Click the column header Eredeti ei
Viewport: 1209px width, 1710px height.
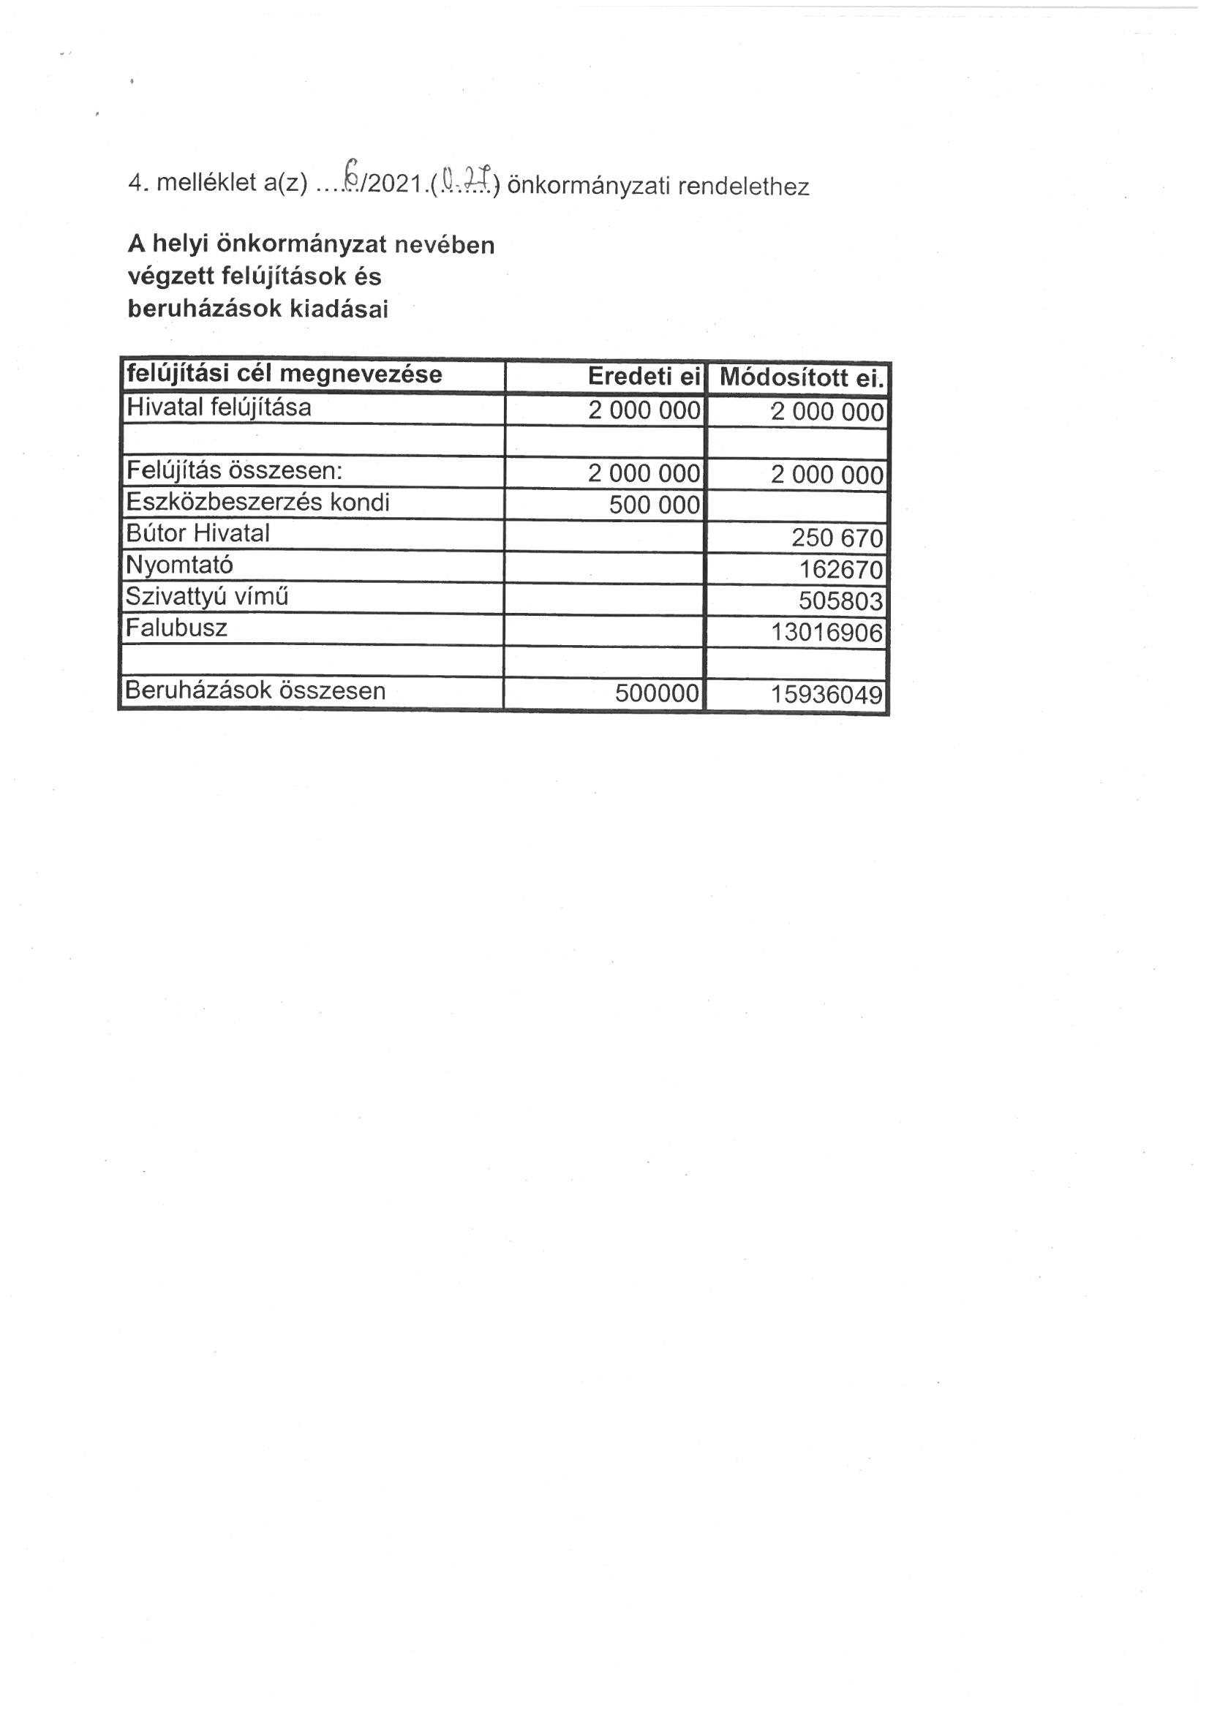tap(644, 377)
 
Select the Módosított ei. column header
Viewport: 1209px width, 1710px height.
tap(802, 378)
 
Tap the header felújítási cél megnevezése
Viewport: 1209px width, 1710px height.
tap(284, 374)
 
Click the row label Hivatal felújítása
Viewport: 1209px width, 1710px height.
tap(219, 407)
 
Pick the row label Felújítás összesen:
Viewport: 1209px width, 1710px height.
tap(234, 471)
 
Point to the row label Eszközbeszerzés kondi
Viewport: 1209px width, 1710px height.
tap(257, 502)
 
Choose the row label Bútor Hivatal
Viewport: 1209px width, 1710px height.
tap(198, 533)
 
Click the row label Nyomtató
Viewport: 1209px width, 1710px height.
tap(179, 565)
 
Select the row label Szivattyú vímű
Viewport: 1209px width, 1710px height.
tap(207, 597)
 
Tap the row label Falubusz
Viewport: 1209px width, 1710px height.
tap(176, 628)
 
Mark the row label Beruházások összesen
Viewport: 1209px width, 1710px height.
tap(255, 690)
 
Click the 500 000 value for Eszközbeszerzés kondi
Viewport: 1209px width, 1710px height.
tap(654, 505)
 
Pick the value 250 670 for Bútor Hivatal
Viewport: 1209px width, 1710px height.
tap(837, 538)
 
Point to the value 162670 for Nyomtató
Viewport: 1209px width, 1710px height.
tap(841, 570)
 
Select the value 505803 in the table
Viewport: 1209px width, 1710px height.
tap(840, 601)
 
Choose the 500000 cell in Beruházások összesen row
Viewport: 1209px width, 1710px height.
tap(657, 694)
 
